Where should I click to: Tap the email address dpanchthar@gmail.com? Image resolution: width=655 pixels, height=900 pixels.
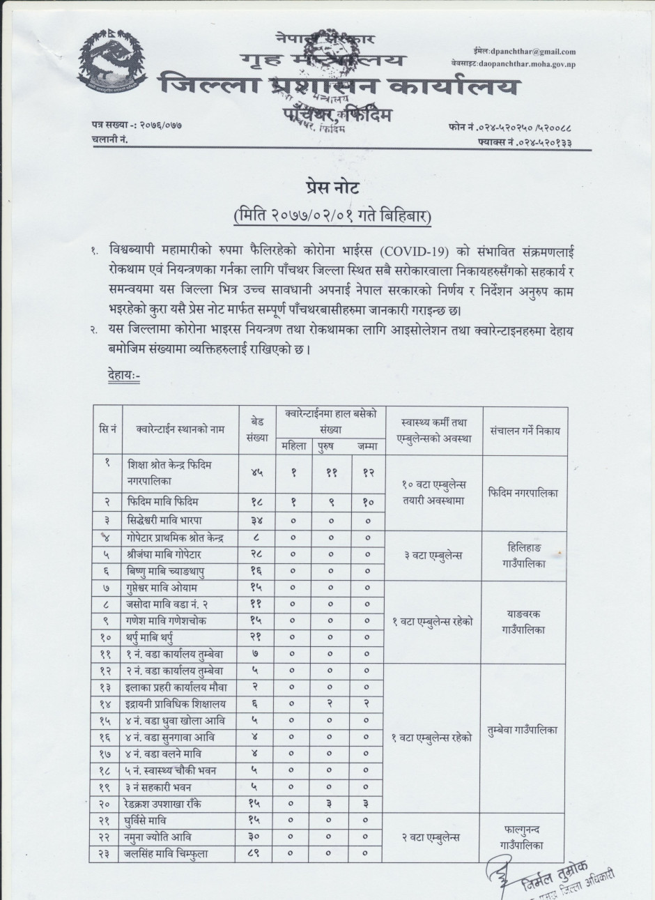533,52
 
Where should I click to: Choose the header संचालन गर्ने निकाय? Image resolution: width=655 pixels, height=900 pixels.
525,431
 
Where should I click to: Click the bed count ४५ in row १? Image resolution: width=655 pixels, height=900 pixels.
257,473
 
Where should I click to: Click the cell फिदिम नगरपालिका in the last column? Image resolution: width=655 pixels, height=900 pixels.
524,493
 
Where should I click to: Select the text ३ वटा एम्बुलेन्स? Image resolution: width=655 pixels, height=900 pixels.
433,556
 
